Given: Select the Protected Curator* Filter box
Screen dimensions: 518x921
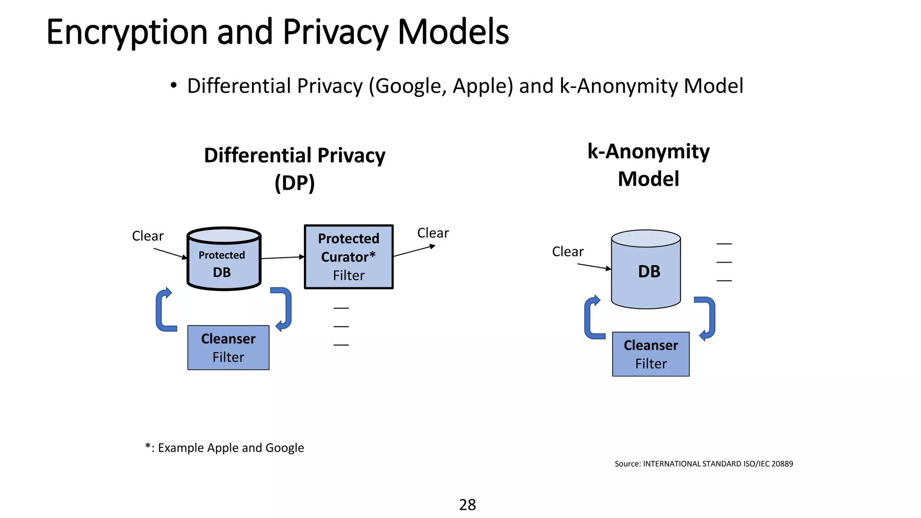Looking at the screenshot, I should (349, 257).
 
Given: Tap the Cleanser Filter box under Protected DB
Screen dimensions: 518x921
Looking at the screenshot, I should (228, 348).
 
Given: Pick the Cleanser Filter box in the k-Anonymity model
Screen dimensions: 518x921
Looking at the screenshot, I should (651, 354).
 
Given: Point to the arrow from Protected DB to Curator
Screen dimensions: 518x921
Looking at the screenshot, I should (282, 258).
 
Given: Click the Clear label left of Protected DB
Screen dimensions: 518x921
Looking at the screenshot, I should (148, 236).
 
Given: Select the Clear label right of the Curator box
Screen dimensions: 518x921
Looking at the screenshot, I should (433, 233).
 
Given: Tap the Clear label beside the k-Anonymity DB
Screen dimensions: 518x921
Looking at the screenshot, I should (568, 252).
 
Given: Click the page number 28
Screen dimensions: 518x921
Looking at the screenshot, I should (467, 505).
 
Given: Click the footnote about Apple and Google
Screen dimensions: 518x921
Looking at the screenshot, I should (224, 448).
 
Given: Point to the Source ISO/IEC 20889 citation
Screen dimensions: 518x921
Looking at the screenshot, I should (704, 464).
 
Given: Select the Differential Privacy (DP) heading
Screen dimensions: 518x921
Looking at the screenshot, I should (295, 169).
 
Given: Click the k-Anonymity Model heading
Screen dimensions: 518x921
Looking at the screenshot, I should (648, 165).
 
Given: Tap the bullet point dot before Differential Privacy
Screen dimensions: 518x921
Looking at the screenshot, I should (174, 85).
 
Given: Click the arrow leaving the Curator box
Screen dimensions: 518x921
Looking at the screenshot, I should (414, 251).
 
